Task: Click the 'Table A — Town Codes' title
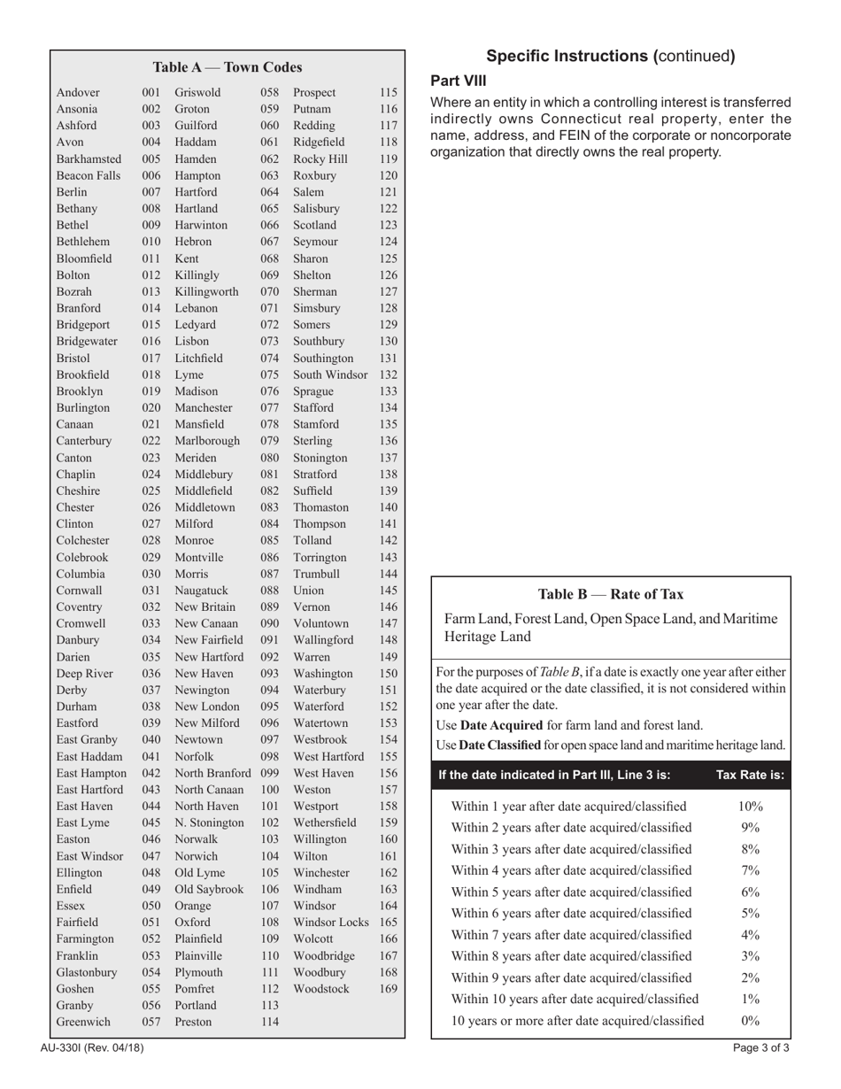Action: [x=228, y=67]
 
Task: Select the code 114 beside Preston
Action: [x=270, y=1021]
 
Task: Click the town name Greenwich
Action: [x=83, y=1021]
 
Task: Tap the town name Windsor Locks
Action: [x=330, y=922]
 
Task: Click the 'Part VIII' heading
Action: [x=458, y=81]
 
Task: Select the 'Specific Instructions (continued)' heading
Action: [x=611, y=57]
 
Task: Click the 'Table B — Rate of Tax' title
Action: [x=611, y=594]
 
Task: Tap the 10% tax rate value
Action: [x=750, y=807]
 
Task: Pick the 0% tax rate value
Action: [x=750, y=1020]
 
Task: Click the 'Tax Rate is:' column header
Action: [x=750, y=775]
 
